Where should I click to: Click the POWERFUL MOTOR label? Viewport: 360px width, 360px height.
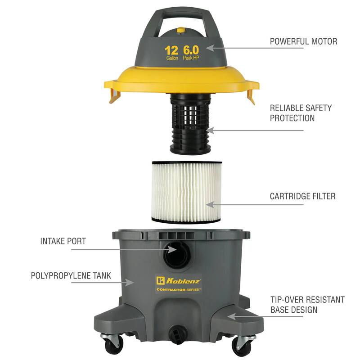pos(303,41)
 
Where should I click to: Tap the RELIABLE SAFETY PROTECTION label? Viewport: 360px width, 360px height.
pos(301,113)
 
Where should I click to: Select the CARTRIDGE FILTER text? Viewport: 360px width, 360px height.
pos(302,196)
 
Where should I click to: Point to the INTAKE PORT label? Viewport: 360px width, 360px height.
pos(63,241)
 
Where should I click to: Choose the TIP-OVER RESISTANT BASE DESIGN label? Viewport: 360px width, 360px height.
pos(307,305)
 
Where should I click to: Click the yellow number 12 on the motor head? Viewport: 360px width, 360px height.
pos(171,50)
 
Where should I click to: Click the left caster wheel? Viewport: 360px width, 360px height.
pos(110,345)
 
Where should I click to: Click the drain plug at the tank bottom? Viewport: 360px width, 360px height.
pos(176,332)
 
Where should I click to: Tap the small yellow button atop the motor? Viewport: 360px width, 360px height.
pos(181,30)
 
